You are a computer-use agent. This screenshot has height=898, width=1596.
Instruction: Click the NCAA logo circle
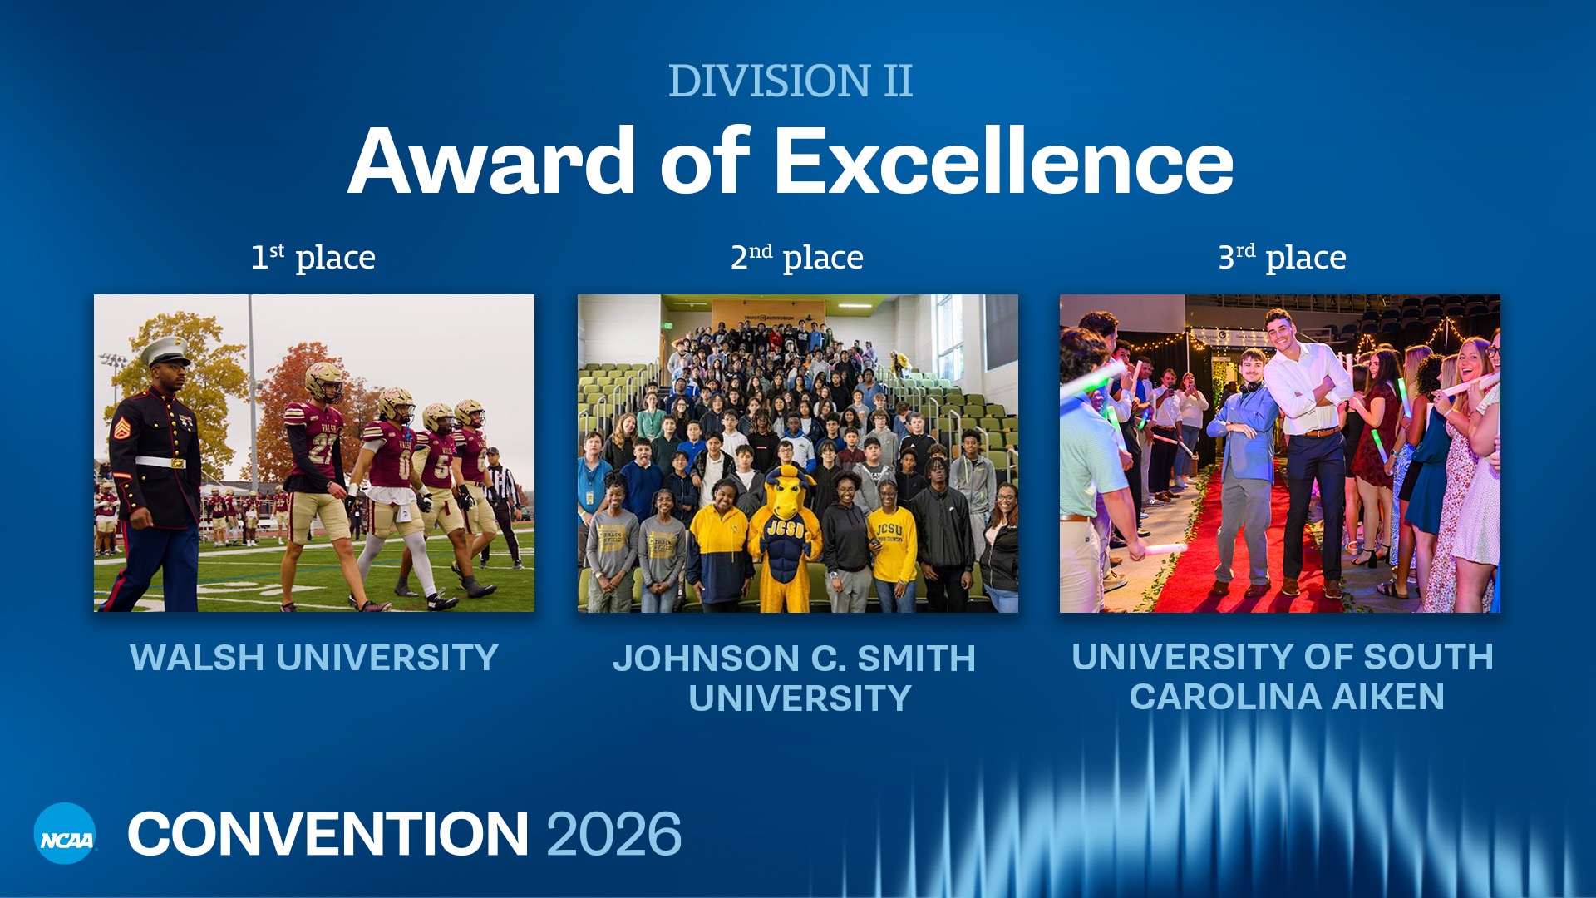[x=65, y=833]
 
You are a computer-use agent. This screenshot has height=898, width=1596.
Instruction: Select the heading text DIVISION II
[x=790, y=81]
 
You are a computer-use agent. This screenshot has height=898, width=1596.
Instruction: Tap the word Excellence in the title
[x=1003, y=161]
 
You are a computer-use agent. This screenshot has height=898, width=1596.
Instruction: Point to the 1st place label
[x=313, y=257]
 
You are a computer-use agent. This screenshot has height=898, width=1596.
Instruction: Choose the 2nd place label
[x=796, y=257]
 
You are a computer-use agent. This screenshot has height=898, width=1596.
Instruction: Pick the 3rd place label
[x=1282, y=257]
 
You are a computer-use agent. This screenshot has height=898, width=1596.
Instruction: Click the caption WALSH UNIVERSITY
[x=313, y=658]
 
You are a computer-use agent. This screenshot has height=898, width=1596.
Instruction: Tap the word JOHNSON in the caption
[x=703, y=659]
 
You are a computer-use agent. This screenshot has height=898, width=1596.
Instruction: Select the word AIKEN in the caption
[x=1388, y=697]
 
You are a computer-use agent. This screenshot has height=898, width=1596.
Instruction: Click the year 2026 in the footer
[x=613, y=833]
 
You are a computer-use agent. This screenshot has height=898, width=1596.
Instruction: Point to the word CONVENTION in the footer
[x=328, y=833]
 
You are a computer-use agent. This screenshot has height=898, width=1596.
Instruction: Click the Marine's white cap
[x=165, y=349]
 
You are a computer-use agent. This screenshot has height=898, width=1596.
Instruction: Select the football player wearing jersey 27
[x=316, y=466]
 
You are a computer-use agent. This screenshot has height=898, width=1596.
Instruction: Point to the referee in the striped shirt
[x=501, y=491]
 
